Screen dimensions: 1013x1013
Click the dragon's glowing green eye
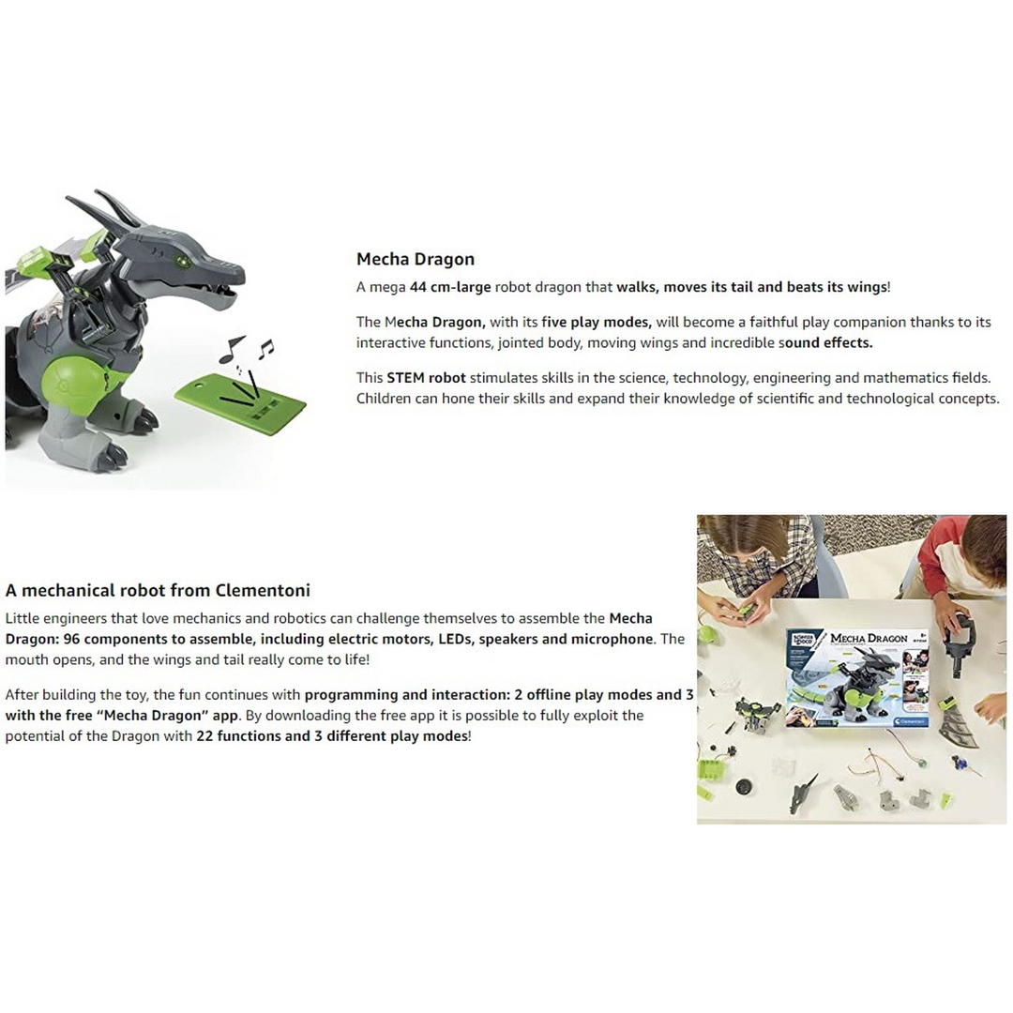pos(183,261)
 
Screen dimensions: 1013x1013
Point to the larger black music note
pos(231,349)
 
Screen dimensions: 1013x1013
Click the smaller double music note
pos(265,349)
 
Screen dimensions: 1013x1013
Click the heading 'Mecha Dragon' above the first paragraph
pos(416,259)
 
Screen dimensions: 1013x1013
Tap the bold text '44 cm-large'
pos(449,287)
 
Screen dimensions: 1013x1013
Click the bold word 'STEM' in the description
pos(405,378)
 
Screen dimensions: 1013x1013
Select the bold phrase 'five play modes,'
pos(597,323)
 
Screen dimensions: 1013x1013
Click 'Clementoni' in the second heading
pos(263,590)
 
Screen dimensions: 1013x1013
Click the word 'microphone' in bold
pos(613,639)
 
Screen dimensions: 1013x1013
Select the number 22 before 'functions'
pos(204,736)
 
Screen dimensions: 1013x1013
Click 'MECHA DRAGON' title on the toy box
pos(869,639)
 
